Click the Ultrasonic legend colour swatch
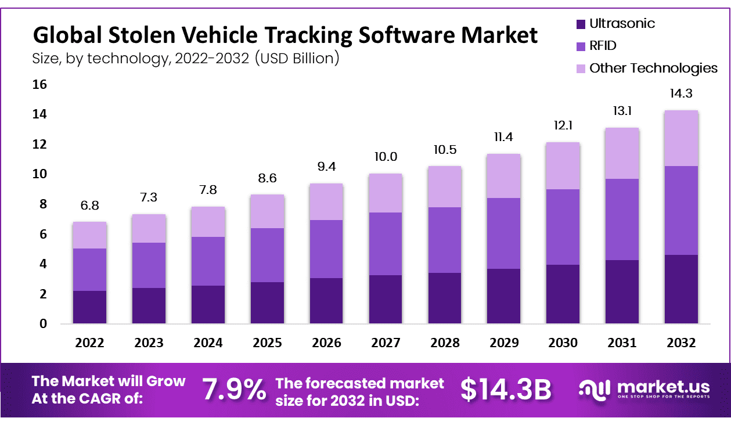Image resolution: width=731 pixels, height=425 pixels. (x=580, y=24)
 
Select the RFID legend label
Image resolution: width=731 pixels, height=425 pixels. (x=603, y=46)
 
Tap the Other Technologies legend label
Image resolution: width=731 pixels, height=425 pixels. (x=653, y=68)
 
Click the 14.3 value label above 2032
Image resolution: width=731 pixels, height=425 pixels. (x=681, y=94)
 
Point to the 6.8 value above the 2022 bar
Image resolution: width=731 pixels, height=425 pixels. (x=89, y=206)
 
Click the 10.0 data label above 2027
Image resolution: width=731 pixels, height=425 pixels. (x=386, y=157)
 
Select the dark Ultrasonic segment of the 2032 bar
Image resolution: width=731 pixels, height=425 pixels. (x=681, y=289)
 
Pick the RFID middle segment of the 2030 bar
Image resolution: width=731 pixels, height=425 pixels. (x=563, y=227)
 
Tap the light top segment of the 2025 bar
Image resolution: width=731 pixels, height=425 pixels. (x=267, y=211)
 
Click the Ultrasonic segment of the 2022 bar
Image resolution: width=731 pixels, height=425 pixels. (x=89, y=307)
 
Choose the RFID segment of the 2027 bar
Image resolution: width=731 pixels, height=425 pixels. (x=386, y=244)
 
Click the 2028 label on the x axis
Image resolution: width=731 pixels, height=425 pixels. (x=445, y=343)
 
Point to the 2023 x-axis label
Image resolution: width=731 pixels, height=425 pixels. (x=149, y=343)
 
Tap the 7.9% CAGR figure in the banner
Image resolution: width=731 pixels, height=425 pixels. (x=235, y=390)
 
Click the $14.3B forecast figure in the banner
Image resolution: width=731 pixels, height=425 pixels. (x=506, y=390)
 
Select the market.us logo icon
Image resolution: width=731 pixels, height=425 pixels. (x=595, y=390)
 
